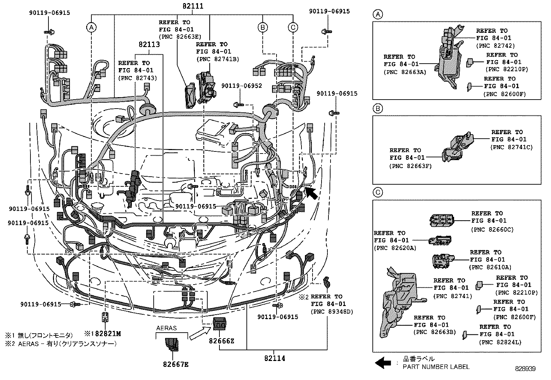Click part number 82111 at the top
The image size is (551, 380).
tap(193, 6)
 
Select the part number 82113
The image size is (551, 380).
tap(149, 45)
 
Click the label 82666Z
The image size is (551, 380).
tap(222, 341)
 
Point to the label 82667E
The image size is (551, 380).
tap(176, 364)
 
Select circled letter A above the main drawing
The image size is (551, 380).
tap(91, 27)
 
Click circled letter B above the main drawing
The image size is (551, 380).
tap(263, 27)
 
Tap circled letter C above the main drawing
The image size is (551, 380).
tap(293, 27)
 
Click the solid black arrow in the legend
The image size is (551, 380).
tap(383, 363)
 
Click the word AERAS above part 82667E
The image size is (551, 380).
tap(166, 328)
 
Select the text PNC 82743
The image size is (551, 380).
tap(137, 78)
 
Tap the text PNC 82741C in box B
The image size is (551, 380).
tap(511, 147)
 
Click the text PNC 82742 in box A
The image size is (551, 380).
tap(495, 46)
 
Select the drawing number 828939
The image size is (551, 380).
tap(524, 369)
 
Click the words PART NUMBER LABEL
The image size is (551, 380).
tap(436, 367)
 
